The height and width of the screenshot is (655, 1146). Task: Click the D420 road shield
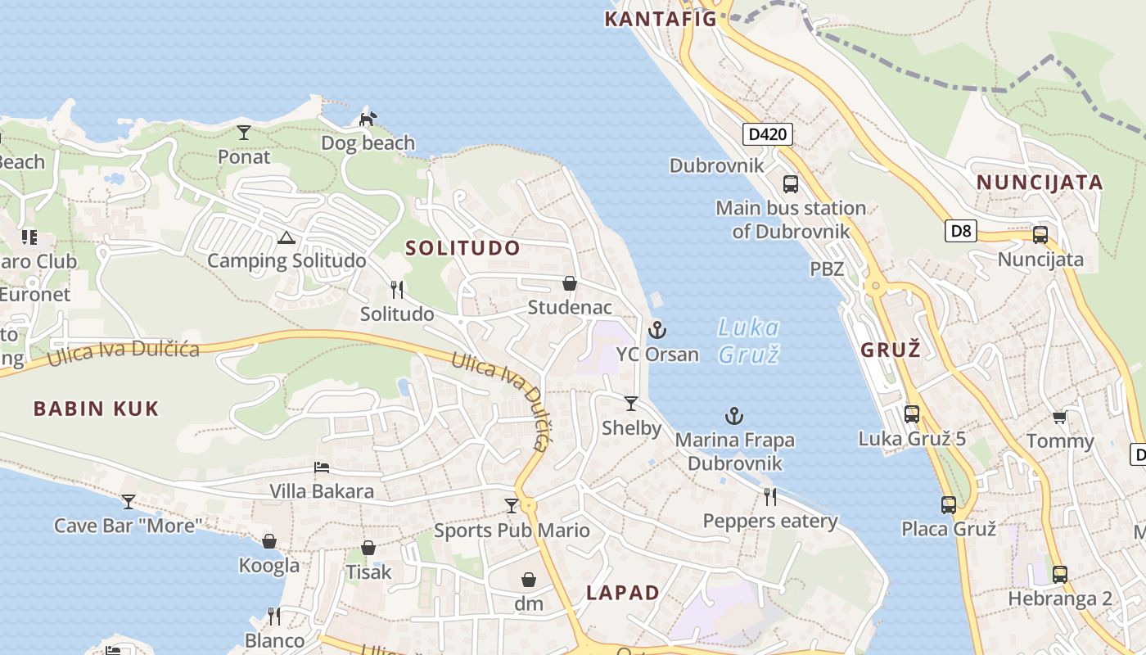coord(768,134)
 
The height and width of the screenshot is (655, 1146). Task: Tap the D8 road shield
coord(962,231)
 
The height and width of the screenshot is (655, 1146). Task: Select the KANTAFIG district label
coord(661,19)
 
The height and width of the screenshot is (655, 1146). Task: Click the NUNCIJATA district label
coord(1040,182)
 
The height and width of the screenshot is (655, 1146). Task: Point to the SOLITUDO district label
coord(462,247)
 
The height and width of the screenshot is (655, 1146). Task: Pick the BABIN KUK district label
coord(96,409)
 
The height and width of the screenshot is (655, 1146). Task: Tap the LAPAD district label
coord(623,593)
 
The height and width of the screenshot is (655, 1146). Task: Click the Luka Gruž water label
coord(748,341)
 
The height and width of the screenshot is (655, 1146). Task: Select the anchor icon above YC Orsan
coord(656,330)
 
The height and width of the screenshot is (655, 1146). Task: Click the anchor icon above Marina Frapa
coord(734,416)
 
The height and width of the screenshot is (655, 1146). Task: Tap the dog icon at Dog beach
coord(368,120)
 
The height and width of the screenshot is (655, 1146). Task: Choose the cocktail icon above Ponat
coord(244,132)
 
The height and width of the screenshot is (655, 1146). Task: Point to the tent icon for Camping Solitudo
coord(286,238)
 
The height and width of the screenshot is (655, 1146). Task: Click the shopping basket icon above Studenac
coord(570,283)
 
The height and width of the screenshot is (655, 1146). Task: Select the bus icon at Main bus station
coord(791,183)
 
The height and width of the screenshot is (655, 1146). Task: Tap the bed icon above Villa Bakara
coord(322,468)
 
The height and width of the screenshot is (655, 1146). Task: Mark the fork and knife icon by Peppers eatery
coord(769,496)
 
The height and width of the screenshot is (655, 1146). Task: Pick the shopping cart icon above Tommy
coord(1059,418)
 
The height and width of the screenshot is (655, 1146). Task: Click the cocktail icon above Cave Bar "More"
coord(128,501)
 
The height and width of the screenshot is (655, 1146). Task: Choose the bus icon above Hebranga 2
coord(1059,574)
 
